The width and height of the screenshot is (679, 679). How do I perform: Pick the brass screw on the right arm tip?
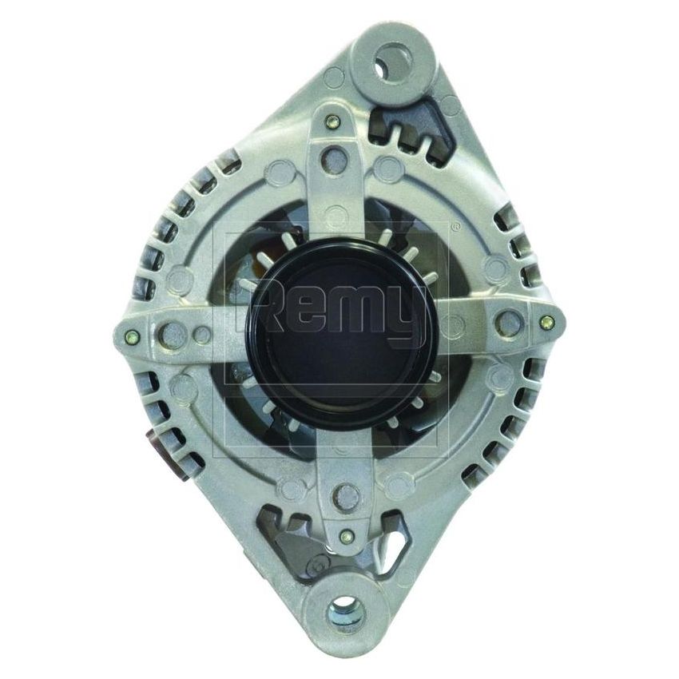point(547,322)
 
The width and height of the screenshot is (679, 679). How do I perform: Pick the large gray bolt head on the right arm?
point(508,322)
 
